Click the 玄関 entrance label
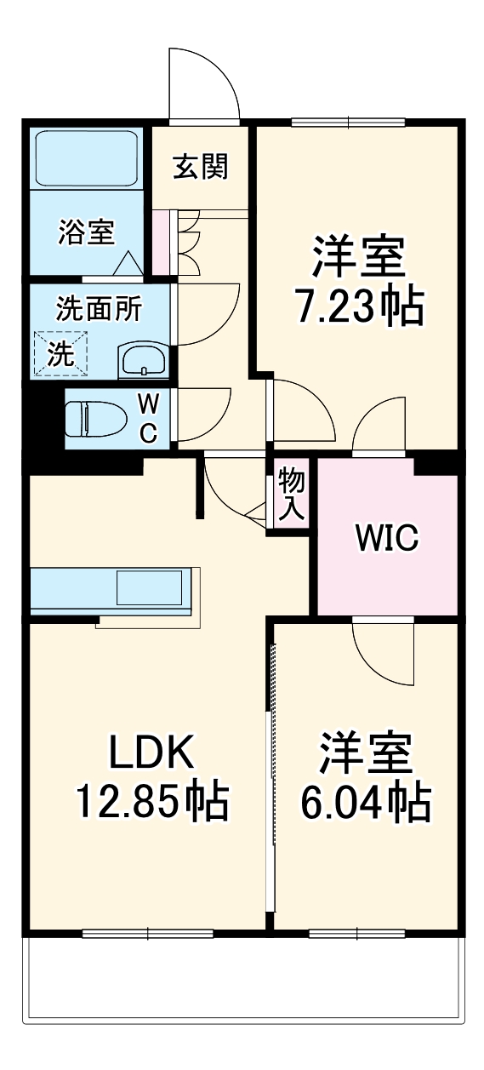pyautogui.click(x=201, y=167)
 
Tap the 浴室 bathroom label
pyautogui.click(x=87, y=232)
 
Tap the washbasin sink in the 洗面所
pyautogui.click(x=144, y=360)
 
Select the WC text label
pyautogui.click(x=147, y=417)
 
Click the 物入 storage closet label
pyautogui.click(x=290, y=494)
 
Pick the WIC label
pyautogui.click(x=387, y=538)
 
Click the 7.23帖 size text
pyautogui.click(x=358, y=307)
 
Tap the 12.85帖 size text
pyautogui.click(x=152, y=801)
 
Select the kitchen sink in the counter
pyautogui.click(x=149, y=588)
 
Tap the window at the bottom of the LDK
pyautogui.click(x=148, y=933)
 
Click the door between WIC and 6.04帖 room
pyautogui.click(x=383, y=651)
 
